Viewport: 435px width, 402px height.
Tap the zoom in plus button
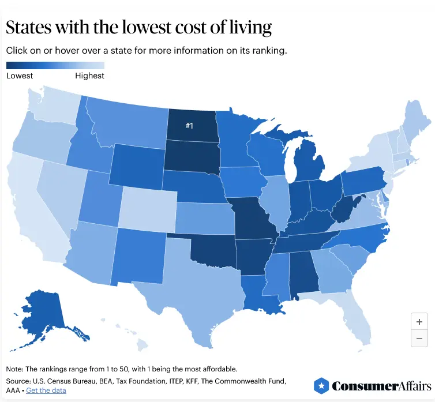pyautogui.click(x=419, y=322)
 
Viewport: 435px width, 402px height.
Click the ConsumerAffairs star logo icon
pyautogui.click(x=321, y=386)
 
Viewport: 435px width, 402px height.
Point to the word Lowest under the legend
pyautogui.click(x=20, y=76)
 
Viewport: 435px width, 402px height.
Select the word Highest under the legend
pyautogui.click(x=89, y=76)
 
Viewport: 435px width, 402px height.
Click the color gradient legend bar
pyautogui.click(x=55, y=65)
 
